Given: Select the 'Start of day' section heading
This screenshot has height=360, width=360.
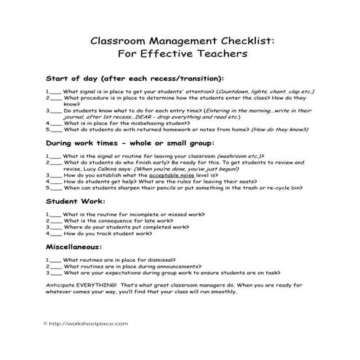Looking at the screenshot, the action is [x=135, y=78].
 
